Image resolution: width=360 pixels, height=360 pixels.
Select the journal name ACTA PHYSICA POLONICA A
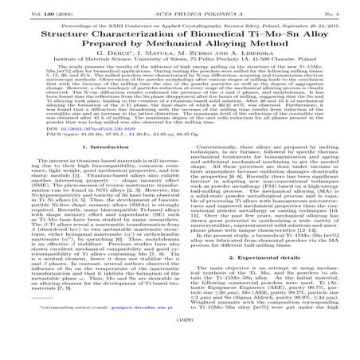[180, 7]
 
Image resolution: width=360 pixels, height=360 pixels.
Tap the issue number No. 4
[339, 7]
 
